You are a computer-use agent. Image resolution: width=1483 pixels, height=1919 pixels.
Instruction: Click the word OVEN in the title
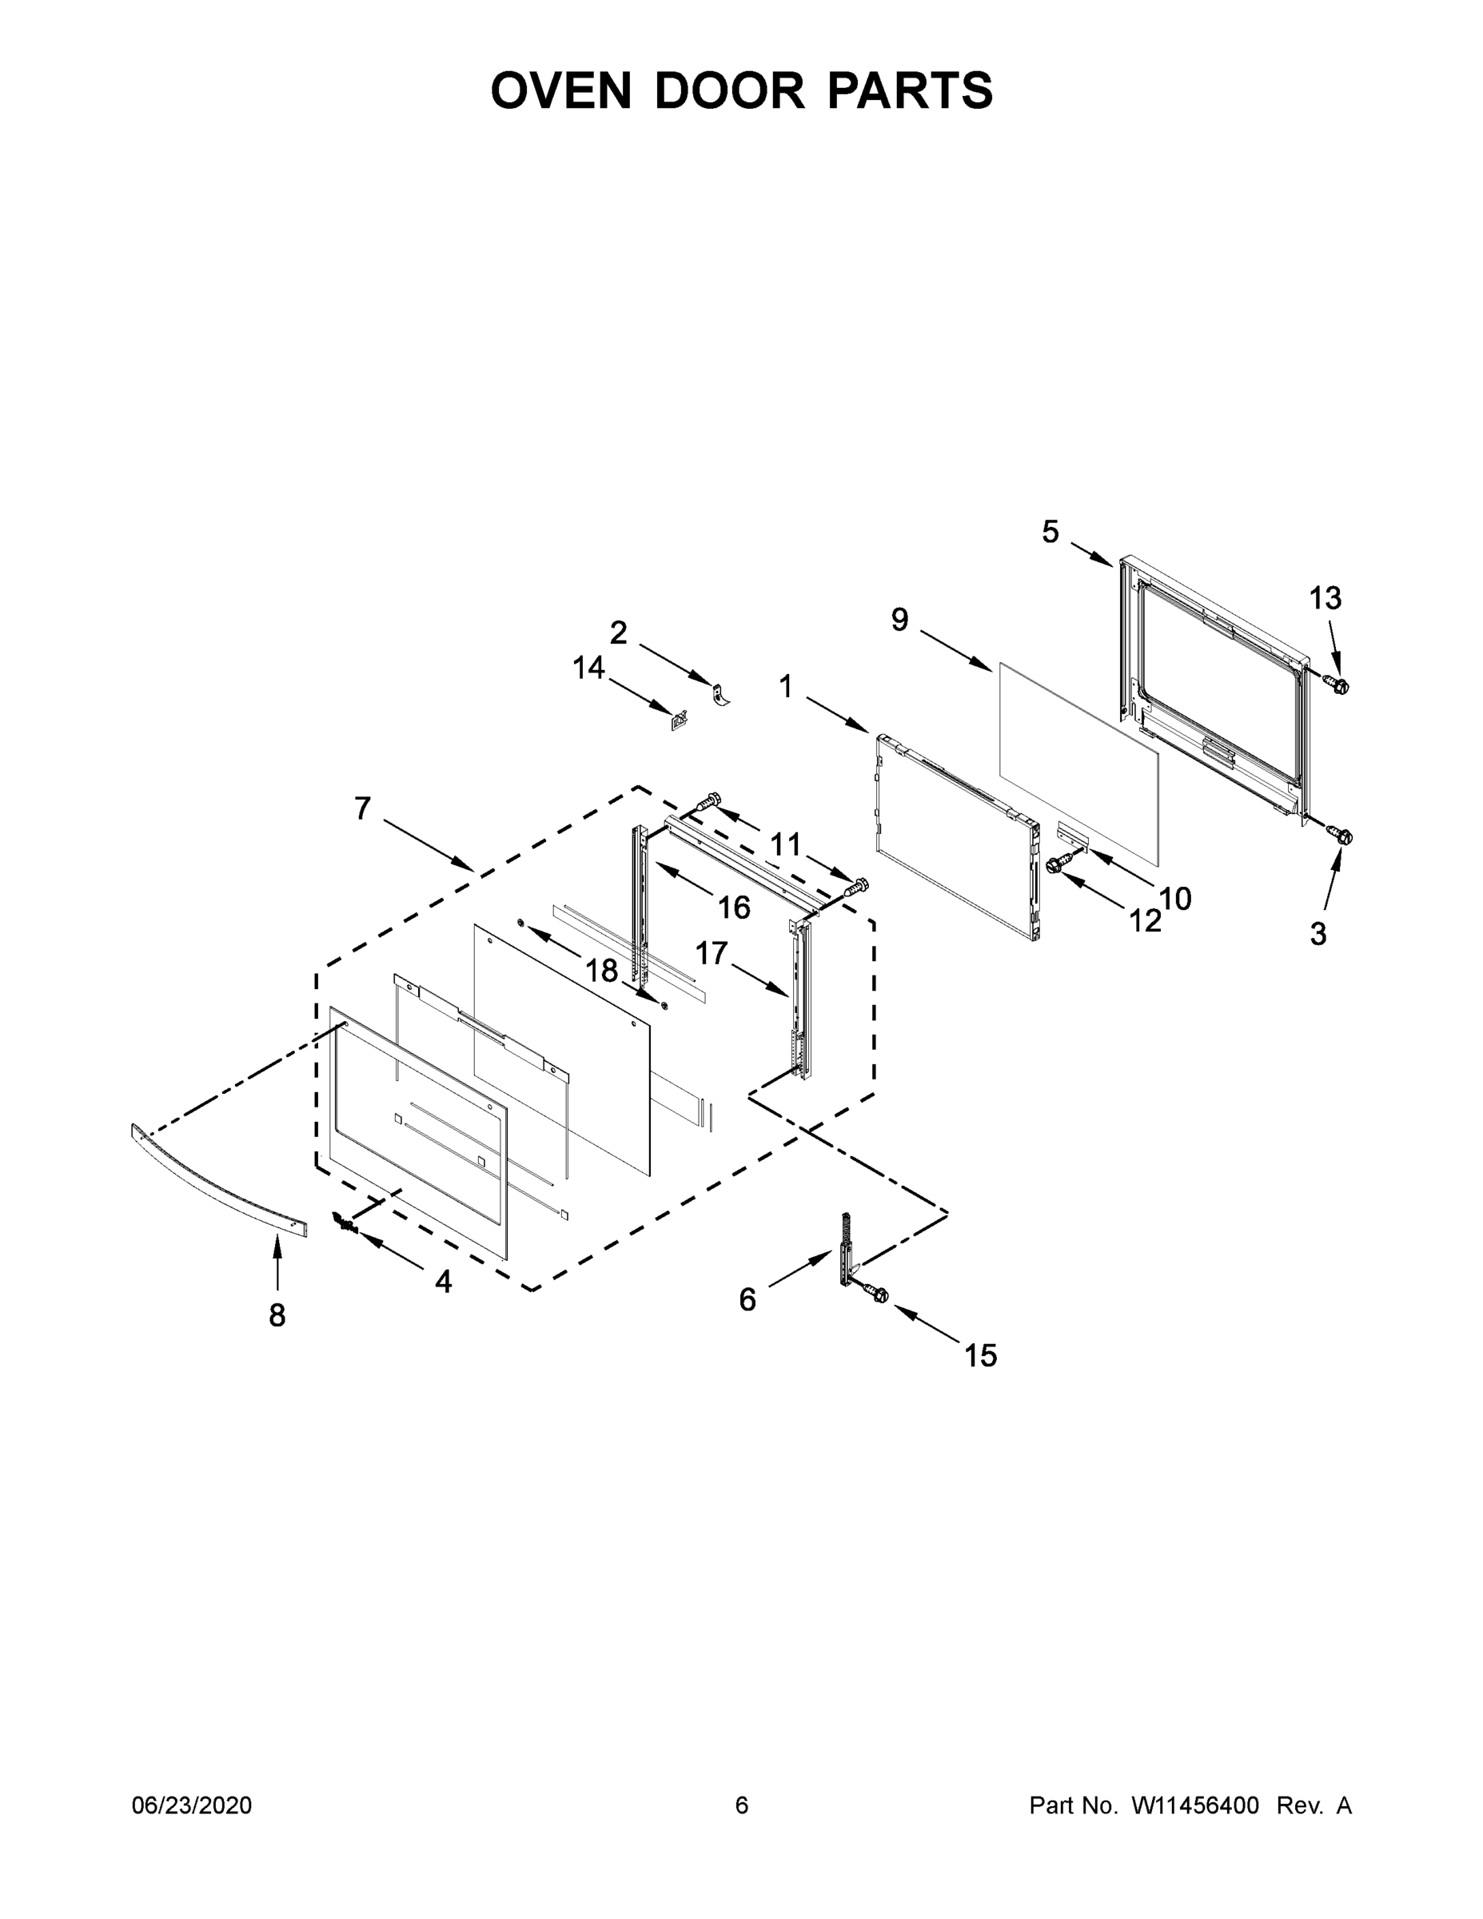[x=560, y=90]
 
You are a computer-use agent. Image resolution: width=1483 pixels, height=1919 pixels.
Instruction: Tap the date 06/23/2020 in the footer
[x=192, y=1805]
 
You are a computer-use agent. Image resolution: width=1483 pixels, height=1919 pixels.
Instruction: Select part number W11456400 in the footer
[x=1195, y=1805]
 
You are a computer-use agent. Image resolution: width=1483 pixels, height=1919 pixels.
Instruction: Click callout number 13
[x=1325, y=598]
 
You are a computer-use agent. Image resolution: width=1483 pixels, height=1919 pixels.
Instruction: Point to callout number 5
[x=1050, y=532]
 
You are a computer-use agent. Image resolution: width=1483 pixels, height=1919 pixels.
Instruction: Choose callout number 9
[x=899, y=620]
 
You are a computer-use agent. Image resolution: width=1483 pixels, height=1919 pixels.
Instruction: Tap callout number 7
[x=363, y=808]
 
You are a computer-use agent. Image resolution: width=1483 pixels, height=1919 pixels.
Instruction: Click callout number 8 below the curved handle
[x=277, y=1315]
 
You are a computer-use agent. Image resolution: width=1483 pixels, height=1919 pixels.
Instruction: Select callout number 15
[x=980, y=1356]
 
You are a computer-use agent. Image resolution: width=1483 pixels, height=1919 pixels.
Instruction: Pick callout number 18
[x=602, y=970]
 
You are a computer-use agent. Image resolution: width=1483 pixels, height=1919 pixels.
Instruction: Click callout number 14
[x=588, y=668]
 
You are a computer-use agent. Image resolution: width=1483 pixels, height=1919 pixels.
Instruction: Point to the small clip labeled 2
[x=720, y=694]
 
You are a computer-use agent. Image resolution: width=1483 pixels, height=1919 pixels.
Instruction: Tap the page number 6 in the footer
[x=742, y=1805]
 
